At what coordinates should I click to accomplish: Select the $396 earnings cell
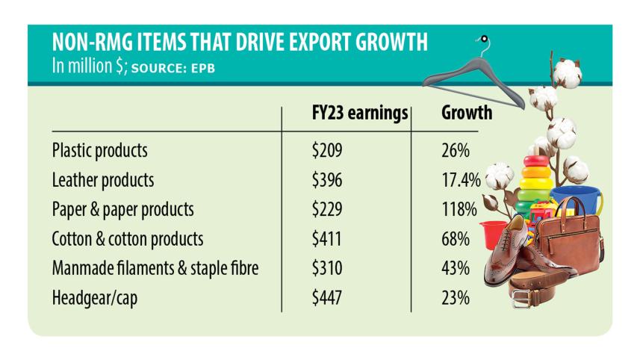326,180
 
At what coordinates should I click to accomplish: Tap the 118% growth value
459,210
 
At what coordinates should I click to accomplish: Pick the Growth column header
467,114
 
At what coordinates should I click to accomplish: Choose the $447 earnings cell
326,299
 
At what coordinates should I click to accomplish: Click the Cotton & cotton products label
128,240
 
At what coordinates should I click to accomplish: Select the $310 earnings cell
326,269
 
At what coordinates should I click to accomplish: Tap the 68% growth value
455,240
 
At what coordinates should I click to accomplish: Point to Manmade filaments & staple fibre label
155,269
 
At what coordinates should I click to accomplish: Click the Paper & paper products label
123,210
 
